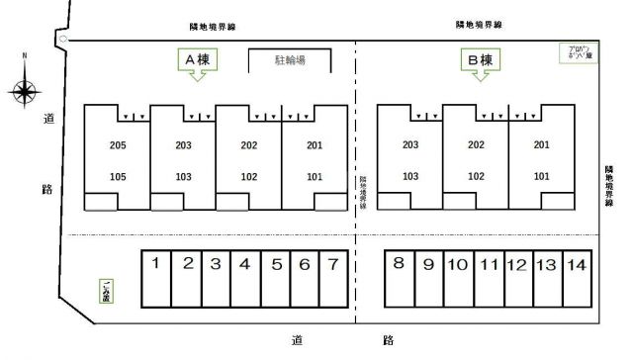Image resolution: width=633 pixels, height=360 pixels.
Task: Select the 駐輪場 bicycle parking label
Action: coord(289,61)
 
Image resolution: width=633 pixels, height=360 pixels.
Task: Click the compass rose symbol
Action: coord(25,92)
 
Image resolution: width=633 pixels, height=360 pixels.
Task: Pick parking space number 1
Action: coord(157,264)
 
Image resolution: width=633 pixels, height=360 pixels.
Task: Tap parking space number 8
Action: coord(398,264)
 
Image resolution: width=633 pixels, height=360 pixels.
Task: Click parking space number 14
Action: coord(577,264)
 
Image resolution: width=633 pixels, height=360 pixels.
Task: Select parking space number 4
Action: coord(244,264)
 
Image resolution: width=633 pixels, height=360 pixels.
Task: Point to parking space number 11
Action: coord(488,264)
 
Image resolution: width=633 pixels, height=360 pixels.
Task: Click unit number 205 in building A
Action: coord(118,146)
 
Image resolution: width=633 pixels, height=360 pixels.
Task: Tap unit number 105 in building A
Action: coord(118,177)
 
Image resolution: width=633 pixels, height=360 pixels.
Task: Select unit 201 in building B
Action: coord(541,146)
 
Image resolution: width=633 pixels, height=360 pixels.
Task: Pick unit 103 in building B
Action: coord(410,177)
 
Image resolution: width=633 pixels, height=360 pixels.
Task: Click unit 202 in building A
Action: coord(248,146)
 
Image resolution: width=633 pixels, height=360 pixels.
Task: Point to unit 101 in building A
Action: coord(315,177)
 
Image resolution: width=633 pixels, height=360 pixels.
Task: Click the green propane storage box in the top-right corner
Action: coord(573,52)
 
